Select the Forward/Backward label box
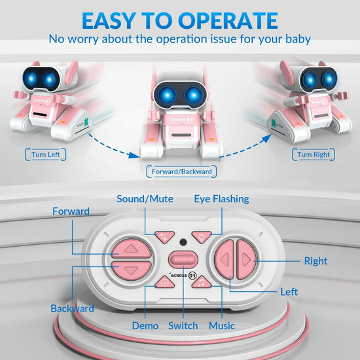coord(180,172)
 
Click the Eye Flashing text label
coord(221,199)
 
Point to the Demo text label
coord(145,325)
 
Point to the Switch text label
coord(183,325)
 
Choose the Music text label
coord(221,325)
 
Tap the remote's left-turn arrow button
coord(226,260)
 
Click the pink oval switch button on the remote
coord(183,259)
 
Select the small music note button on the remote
coord(204,281)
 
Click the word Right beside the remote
coord(315,261)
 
